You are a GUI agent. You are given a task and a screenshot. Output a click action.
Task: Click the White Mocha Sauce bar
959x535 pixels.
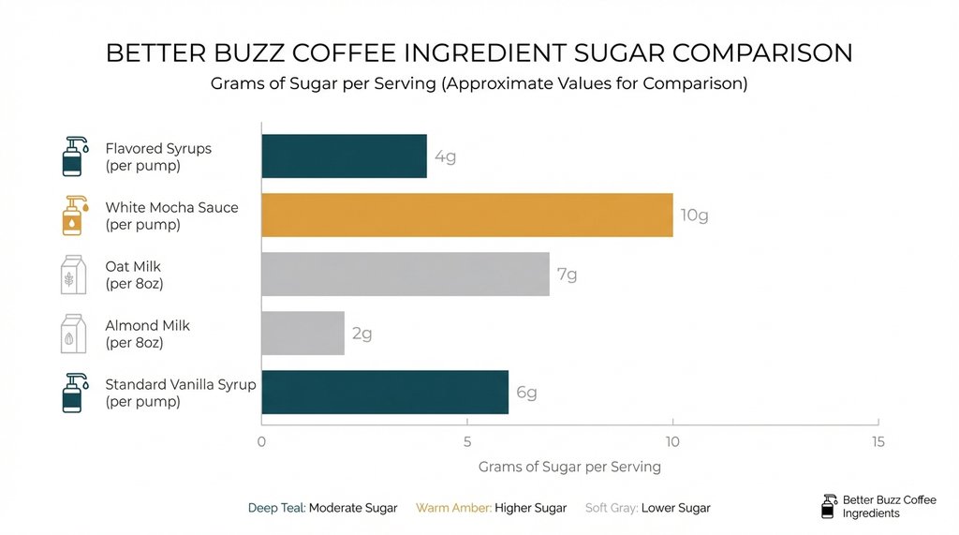pyautogui.click(x=466, y=215)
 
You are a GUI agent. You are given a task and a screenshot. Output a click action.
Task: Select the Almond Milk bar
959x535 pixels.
pyautogui.click(x=302, y=334)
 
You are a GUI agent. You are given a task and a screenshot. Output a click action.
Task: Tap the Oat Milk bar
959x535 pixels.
pyautogui.click(x=405, y=274)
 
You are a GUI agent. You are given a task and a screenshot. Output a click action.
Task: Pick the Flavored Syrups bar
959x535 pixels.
pyautogui.click(x=344, y=156)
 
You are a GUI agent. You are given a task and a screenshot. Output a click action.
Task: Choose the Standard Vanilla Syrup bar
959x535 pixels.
pyautogui.click(x=384, y=392)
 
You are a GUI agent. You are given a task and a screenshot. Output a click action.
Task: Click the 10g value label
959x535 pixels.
pyautogui.click(x=694, y=215)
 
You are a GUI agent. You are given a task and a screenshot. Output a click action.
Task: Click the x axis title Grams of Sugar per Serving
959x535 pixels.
pyautogui.click(x=569, y=467)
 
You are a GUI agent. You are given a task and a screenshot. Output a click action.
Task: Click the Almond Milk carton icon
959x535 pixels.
pyautogui.click(x=71, y=334)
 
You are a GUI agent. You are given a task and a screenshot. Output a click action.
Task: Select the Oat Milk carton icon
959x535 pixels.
pyautogui.click(x=71, y=275)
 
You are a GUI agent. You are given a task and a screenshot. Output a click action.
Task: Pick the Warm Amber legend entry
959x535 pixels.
pyautogui.click(x=491, y=508)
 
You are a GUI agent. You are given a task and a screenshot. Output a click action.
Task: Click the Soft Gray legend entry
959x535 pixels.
pyautogui.click(x=647, y=508)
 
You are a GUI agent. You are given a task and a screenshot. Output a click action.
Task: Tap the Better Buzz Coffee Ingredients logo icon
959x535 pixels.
pyautogui.click(x=827, y=506)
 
